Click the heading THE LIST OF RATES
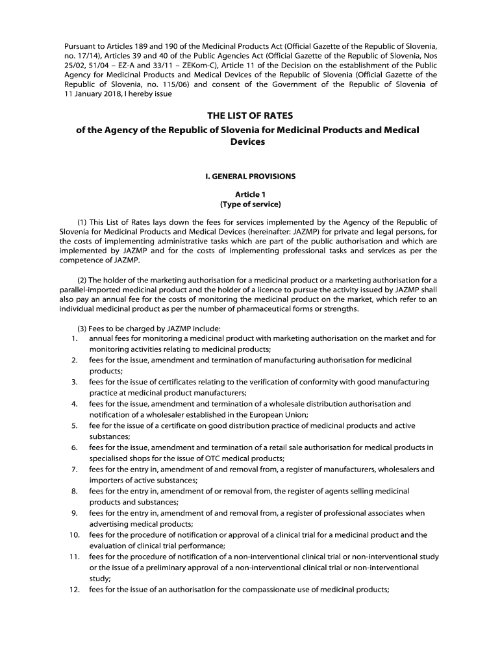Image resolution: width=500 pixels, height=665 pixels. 250,116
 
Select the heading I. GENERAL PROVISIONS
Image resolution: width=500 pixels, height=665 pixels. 250,176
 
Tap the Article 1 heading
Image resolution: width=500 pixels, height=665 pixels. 250,194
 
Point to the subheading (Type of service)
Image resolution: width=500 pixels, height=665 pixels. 250,205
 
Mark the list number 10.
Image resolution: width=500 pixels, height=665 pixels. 74,535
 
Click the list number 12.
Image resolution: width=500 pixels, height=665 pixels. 74,590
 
